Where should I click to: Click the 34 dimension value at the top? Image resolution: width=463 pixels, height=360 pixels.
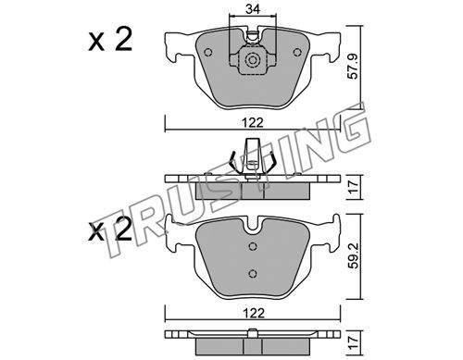(253, 9)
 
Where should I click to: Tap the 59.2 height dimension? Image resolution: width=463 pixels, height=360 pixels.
(353, 255)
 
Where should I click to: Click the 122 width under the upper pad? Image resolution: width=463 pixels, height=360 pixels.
(253, 123)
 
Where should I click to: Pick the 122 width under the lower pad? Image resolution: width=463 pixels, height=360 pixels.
(253, 314)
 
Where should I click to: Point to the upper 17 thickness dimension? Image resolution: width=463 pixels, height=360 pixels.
(353, 187)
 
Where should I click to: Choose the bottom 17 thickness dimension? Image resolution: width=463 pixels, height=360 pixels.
(353, 342)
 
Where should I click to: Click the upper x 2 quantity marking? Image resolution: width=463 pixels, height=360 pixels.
(110, 39)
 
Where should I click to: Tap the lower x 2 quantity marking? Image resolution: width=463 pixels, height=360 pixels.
(110, 230)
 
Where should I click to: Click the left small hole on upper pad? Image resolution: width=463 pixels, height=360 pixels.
(208, 53)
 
